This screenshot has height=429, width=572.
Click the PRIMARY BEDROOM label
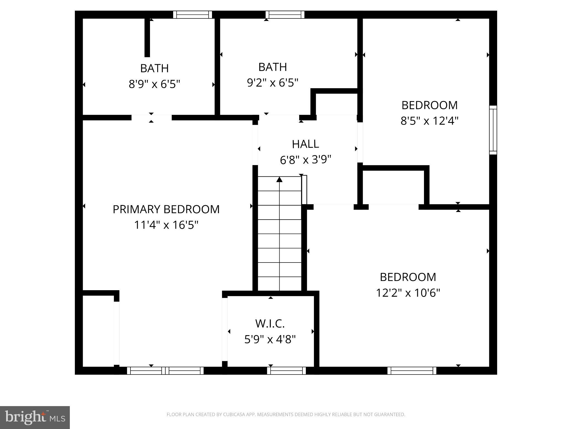tap(166, 209)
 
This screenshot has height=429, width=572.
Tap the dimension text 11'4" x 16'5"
tap(166, 225)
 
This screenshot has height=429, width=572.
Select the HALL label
tap(305, 144)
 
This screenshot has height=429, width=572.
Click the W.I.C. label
tap(270, 324)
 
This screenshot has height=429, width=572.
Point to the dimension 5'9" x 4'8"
tap(270, 339)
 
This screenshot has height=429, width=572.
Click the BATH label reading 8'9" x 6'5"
tap(154, 68)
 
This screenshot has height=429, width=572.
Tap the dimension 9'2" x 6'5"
tap(273, 83)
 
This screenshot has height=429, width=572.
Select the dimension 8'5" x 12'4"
tap(429, 121)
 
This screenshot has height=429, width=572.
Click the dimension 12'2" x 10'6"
tap(408, 293)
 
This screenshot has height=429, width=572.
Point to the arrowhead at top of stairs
tap(279, 179)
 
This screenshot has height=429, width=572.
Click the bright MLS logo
tap(35, 417)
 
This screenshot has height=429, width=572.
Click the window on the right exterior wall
tap(493, 130)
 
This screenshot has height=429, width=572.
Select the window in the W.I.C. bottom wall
tap(286, 371)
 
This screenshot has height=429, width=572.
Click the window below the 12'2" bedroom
tap(412, 371)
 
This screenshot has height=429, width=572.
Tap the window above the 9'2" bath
tap(285, 15)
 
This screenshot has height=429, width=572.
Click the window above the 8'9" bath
tap(192, 15)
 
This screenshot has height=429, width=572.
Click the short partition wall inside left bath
tap(147, 38)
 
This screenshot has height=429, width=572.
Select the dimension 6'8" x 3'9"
tap(305, 160)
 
